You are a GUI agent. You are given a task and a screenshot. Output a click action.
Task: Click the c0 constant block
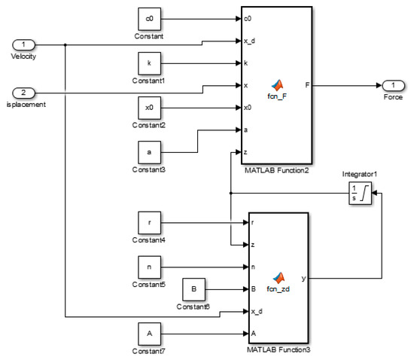pos(150,19)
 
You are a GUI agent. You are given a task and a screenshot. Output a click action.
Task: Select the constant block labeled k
pos(150,64)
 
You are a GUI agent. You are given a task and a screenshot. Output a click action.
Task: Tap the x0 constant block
pos(150,108)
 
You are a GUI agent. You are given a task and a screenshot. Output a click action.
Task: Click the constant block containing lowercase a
pos(150,152)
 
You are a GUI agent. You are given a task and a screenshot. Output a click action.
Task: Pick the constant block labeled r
pos(150,223)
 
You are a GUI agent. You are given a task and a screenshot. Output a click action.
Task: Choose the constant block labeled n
pos(150,267)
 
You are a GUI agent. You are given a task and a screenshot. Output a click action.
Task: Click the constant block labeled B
pos(194,288)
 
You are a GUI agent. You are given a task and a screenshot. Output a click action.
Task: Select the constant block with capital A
pos(150,332)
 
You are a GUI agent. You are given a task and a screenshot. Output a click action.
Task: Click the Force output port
pos(394,84)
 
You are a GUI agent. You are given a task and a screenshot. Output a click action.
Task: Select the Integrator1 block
pos(361,195)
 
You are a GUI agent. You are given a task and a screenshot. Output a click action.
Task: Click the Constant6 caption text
pos(194,307)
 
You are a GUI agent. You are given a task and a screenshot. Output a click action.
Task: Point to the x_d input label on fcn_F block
pos(250,41)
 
